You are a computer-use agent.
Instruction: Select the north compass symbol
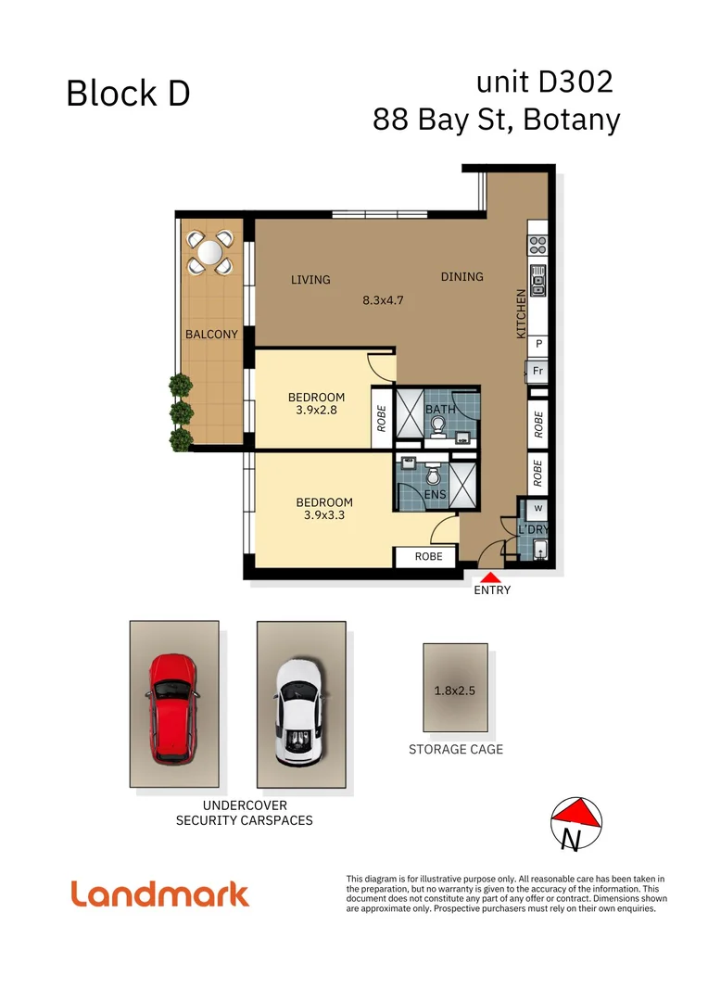(x=576, y=821)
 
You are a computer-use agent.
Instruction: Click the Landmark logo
(x=160, y=893)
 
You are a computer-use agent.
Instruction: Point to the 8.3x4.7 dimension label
(x=383, y=300)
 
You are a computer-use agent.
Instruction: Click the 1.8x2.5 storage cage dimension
(x=455, y=691)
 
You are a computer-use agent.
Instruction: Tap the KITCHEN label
(x=521, y=313)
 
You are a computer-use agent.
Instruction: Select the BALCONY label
(x=211, y=335)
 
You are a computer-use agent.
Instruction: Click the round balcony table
(x=209, y=252)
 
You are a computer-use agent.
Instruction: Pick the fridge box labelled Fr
(x=537, y=372)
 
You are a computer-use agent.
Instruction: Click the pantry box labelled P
(x=538, y=344)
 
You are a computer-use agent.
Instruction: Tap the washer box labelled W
(x=537, y=509)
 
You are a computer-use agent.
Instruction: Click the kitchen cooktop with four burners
(x=538, y=245)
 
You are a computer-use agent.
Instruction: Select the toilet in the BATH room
(x=438, y=425)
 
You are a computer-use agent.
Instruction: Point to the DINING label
(x=461, y=276)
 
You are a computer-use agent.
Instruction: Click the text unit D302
(x=544, y=82)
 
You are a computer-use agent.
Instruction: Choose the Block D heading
(x=128, y=94)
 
